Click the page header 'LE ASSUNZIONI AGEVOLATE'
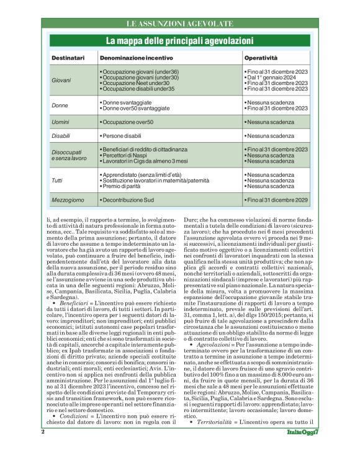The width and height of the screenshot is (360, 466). click(x=179, y=24)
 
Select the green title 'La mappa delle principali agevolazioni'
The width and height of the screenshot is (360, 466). click(x=179, y=41)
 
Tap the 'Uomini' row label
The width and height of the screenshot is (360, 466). click(x=61, y=122)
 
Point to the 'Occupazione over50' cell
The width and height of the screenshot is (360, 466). click(x=128, y=122)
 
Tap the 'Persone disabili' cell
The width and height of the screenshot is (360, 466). click(x=124, y=135)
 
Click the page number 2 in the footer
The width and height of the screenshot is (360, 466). click(x=43, y=449)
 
